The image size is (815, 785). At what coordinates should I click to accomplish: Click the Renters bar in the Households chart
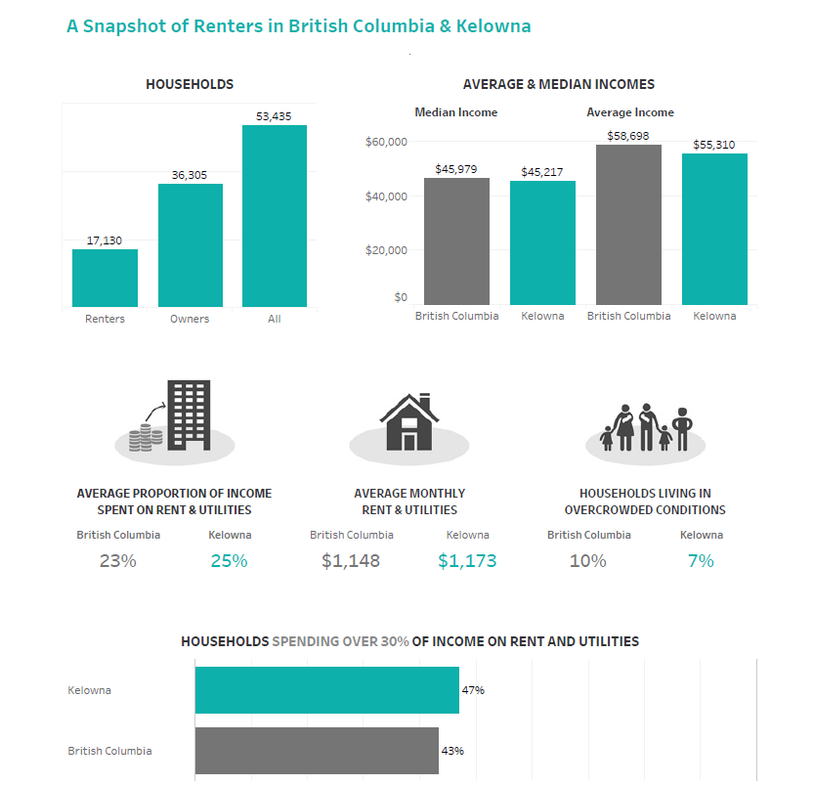105,278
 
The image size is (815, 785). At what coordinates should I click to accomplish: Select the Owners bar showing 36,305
191,244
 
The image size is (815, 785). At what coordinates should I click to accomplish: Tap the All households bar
275,216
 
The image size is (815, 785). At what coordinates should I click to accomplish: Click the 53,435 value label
274,116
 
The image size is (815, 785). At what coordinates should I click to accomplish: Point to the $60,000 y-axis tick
386,142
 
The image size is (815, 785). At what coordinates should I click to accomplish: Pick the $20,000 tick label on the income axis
386,250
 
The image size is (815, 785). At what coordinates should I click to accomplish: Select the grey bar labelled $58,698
628,225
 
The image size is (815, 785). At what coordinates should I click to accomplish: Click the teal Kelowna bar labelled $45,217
542,242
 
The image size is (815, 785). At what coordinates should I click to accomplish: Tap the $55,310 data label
714,145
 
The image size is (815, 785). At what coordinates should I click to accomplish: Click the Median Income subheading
455,112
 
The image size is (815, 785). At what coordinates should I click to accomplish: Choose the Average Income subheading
630,112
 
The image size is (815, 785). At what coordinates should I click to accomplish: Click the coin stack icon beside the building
146,438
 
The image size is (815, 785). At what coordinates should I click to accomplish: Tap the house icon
409,422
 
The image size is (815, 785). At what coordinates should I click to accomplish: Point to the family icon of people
645,427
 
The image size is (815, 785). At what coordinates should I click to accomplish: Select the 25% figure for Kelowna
230,561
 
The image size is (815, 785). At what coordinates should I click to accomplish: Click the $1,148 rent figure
351,561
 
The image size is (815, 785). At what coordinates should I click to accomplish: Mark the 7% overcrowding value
701,561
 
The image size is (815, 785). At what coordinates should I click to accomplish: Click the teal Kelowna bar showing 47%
327,690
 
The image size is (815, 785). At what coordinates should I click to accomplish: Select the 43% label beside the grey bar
452,751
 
